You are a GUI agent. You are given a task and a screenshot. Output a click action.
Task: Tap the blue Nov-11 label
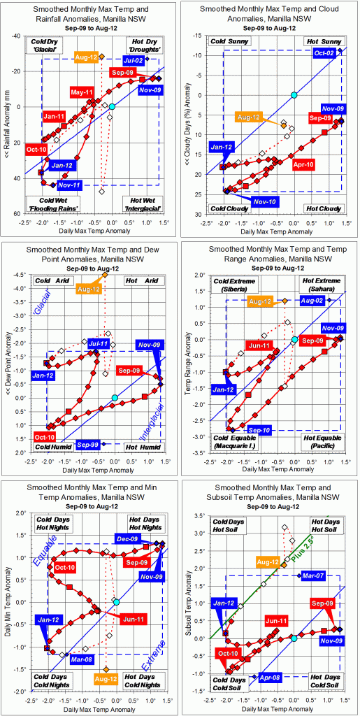69,184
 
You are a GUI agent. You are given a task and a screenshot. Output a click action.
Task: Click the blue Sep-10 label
260,429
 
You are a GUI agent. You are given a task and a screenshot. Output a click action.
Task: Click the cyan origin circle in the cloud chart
294,95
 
